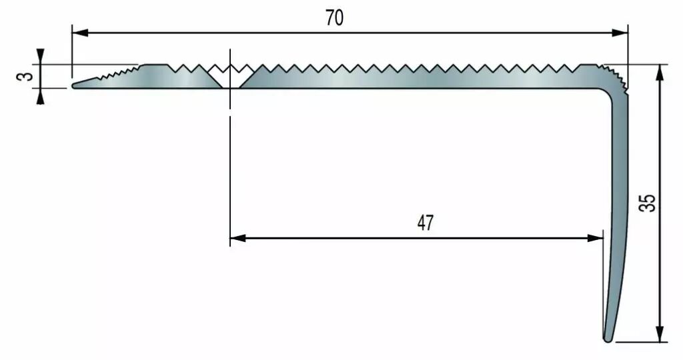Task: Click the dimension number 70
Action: coord(334,18)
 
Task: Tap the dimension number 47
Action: coord(426,223)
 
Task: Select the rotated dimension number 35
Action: coord(648,203)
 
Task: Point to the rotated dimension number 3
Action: coord(27,77)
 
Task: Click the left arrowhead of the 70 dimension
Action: coord(80,33)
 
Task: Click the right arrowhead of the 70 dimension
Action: coord(620,33)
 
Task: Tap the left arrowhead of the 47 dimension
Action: coord(238,238)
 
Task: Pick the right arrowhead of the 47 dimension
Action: coord(596,238)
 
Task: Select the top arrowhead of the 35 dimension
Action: coord(661,73)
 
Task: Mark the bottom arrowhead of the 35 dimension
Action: coord(661,334)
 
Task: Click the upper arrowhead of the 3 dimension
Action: coord(40,57)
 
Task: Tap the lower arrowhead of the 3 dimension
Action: coord(40,96)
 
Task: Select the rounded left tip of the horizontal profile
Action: coord(74,86)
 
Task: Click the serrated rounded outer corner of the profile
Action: coord(616,79)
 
